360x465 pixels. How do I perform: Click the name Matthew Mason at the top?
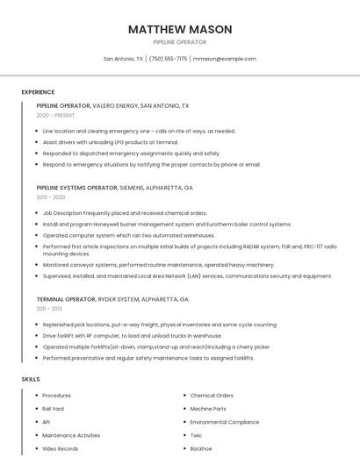coord(180,29)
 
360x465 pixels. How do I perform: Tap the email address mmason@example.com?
coord(225,59)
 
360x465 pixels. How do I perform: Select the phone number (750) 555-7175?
coord(169,59)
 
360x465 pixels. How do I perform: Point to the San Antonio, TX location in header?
coord(123,59)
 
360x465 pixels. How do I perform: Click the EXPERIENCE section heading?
coord(38,92)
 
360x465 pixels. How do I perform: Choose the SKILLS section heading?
coord(31,379)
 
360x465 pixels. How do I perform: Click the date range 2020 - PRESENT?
coord(55,115)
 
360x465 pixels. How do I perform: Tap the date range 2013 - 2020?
coord(51,197)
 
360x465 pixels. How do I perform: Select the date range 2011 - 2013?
coord(49,309)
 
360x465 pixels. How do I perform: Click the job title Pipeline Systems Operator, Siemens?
coord(114,188)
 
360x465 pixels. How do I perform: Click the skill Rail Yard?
coord(54,409)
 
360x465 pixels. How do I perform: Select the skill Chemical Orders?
coord(212,396)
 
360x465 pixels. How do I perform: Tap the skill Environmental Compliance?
coord(224,422)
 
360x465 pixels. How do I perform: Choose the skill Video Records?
coord(61,448)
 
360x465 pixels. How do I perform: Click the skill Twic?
coord(197,435)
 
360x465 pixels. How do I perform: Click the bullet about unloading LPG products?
coord(111,141)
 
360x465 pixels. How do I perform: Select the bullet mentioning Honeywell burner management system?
coord(167,224)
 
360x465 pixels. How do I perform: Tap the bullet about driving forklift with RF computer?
coord(133,335)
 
